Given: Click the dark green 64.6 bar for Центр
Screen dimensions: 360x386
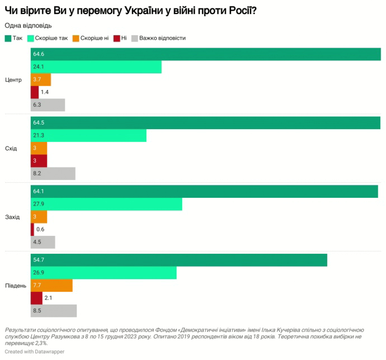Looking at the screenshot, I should click(206, 54).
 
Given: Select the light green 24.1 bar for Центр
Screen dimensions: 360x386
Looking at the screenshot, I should click(96, 67).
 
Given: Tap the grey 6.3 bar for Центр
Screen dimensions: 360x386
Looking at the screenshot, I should click(48, 105).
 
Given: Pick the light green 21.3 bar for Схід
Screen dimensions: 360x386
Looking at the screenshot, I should click(88, 136).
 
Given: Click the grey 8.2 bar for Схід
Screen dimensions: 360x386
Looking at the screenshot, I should click(53, 173).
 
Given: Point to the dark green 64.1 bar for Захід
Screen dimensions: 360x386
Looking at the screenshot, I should click(204, 191).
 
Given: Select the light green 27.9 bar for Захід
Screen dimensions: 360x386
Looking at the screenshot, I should click(106, 204).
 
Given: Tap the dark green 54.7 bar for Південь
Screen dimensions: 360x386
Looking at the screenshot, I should click(179, 260).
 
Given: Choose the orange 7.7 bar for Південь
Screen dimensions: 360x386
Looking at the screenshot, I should click(51, 286).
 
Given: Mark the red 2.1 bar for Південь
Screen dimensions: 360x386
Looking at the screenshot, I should click(36, 298).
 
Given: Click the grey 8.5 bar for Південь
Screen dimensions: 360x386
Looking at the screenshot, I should click(54, 311).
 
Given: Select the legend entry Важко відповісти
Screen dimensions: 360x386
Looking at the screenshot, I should click(158, 38).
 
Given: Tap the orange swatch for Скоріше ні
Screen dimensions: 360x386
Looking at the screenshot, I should click(76, 38).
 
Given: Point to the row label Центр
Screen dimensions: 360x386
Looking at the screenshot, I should click(13, 79).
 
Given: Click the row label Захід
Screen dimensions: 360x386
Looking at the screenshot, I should click(12, 217).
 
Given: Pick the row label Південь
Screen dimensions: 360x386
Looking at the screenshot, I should click(15, 286).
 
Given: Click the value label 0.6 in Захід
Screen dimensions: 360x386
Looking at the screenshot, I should click(40, 229).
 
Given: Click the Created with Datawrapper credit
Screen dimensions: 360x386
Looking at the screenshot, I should click(34, 352).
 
